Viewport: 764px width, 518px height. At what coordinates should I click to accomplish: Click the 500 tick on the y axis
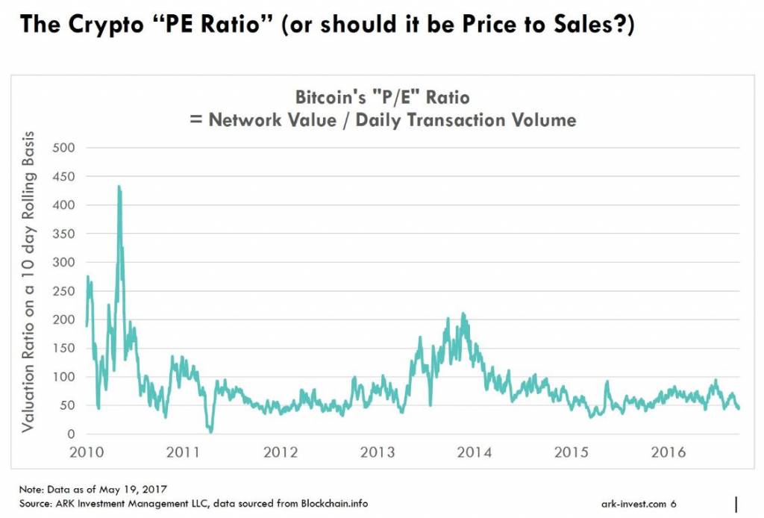[64, 148]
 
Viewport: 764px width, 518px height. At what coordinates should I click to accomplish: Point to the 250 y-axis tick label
[64, 291]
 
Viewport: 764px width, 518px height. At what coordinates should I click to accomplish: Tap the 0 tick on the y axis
[71, 434]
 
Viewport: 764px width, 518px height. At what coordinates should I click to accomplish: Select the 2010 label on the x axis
[87, 452]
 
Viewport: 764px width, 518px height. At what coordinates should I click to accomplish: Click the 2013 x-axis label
[378, 452]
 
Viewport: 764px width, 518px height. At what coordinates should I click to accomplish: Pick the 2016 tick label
[668, 452]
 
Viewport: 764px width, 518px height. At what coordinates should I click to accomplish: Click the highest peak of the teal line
[119, 186]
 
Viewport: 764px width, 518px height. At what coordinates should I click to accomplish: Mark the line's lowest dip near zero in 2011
[210, 431]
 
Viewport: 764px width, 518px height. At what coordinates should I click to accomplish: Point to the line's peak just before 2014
[463, 313]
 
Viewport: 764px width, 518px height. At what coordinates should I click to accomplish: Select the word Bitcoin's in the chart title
[331, 97]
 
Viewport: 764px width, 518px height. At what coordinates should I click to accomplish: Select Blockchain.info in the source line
[334, 503]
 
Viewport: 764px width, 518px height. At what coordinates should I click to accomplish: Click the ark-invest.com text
[633, 504]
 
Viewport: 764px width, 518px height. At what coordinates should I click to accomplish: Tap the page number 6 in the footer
[674, 503]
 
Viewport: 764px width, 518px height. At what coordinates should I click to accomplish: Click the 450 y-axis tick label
[64, 176]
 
